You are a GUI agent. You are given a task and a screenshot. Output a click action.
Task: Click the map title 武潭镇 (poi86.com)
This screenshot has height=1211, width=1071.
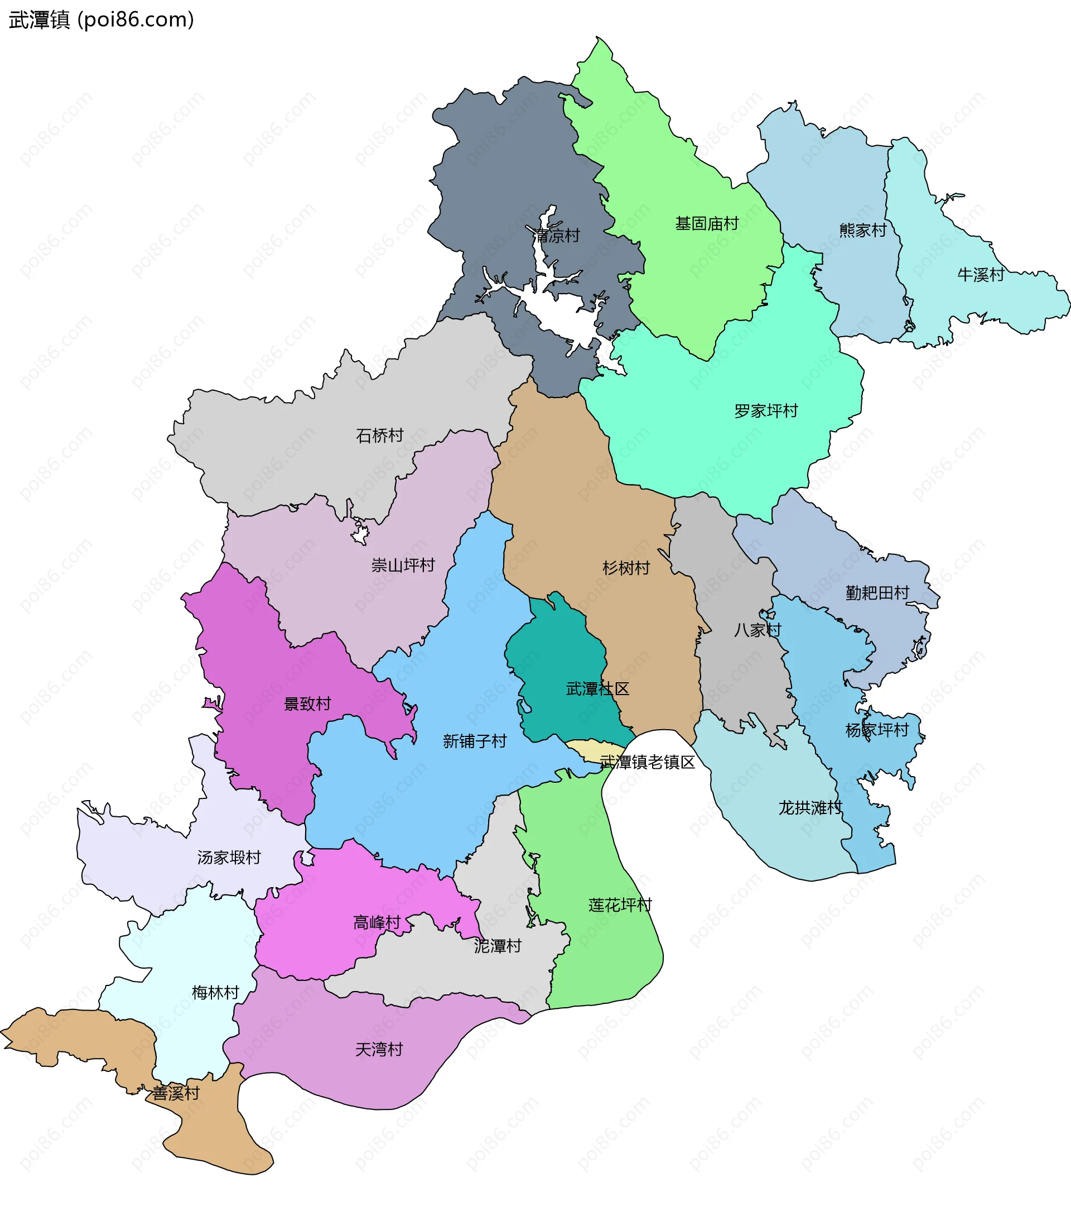101,20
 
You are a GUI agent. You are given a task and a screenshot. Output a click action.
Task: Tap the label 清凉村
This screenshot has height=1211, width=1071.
556,236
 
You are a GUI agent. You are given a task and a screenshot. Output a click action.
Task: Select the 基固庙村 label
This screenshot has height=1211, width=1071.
707,223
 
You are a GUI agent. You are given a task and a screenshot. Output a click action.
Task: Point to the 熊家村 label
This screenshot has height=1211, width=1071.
862,230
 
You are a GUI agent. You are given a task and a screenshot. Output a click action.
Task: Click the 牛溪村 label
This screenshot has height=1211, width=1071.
981,274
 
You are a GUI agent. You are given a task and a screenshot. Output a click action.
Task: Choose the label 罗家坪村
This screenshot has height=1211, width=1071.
766,410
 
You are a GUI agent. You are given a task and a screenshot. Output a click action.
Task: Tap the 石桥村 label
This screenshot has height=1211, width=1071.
379,435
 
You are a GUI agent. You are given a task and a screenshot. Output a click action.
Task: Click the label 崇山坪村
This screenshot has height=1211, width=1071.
403,565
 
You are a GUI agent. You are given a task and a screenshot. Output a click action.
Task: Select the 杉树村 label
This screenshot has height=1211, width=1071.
626,568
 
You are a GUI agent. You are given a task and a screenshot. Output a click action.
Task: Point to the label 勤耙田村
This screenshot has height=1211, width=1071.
877,592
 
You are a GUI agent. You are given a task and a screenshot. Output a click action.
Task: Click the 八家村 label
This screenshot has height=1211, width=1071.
757,630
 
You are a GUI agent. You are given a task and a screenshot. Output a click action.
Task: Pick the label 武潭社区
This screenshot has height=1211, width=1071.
597,688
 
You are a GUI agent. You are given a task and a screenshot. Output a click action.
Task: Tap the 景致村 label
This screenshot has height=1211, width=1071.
307,704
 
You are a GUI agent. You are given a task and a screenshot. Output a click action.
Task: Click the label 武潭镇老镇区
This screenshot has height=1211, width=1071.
648,762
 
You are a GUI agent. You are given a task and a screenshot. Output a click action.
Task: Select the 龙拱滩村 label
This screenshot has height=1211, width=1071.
810,807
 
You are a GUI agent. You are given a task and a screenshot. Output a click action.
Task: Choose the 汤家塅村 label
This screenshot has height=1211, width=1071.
229,857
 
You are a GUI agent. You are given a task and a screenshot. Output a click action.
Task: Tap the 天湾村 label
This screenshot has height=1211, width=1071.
379,1049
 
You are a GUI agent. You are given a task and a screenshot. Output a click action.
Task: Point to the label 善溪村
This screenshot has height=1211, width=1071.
176,1093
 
